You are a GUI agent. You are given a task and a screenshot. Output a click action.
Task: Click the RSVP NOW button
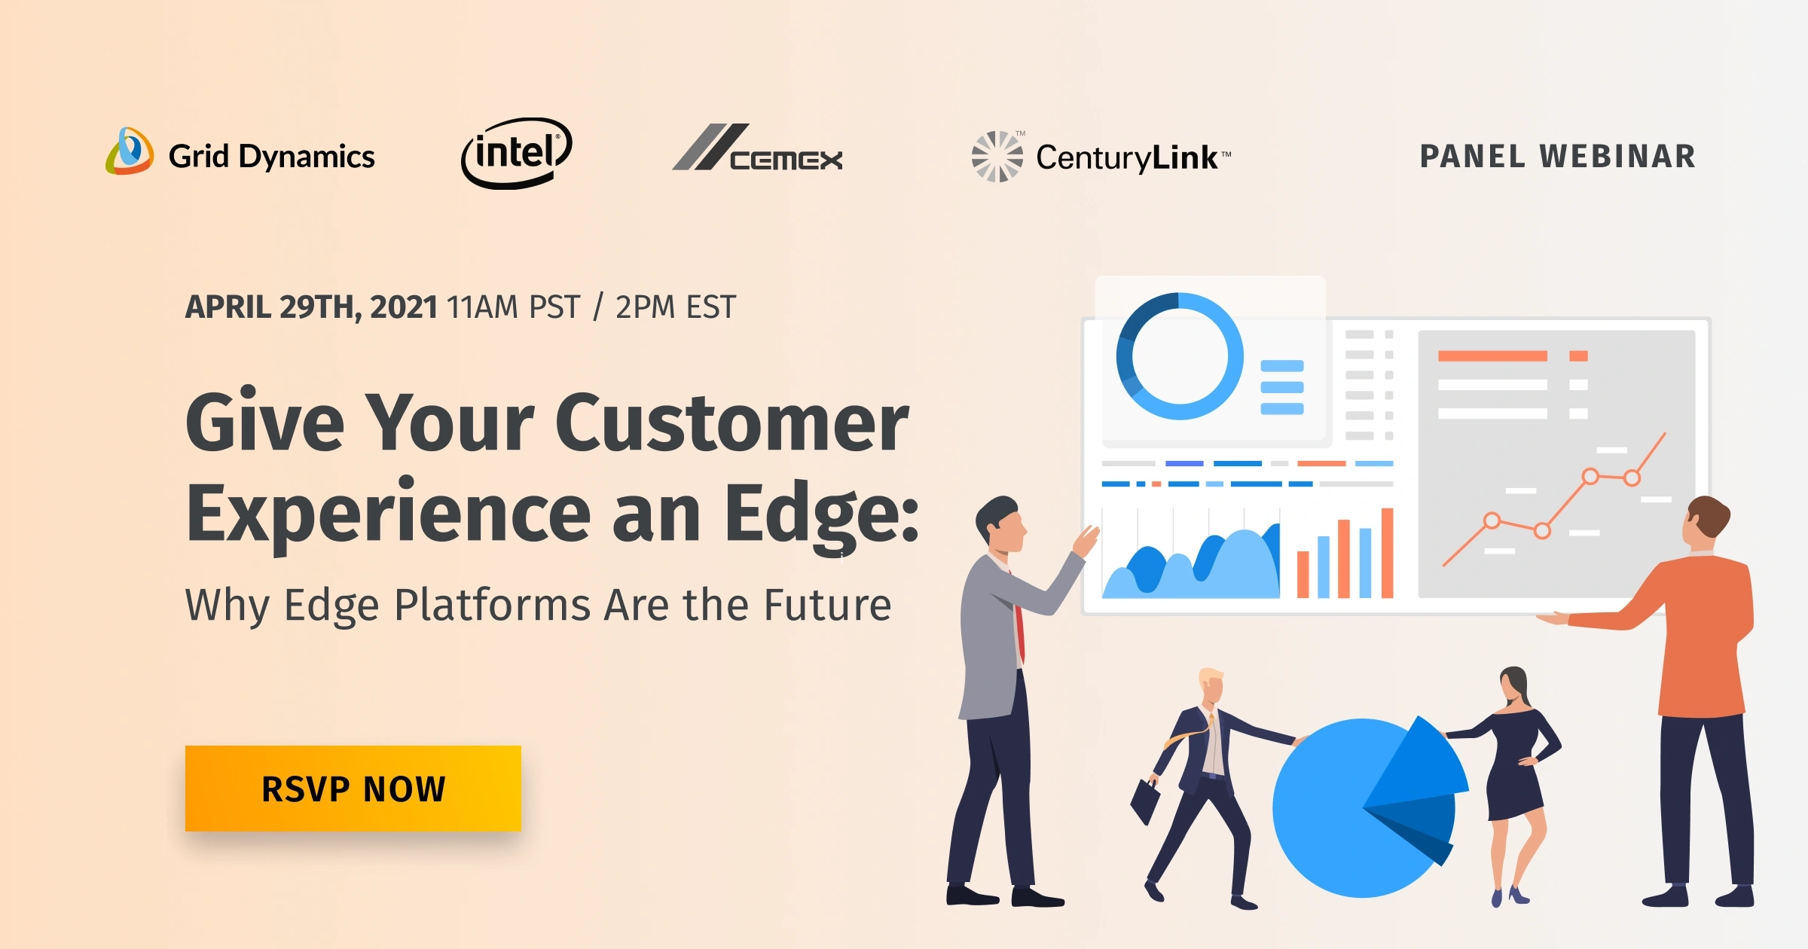click(353, 789)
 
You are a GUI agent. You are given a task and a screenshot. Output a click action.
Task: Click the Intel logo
click(517, 153)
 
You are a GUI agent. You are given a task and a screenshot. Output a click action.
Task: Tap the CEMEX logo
click(758, 149)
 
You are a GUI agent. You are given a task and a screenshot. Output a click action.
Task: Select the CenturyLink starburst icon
click(997, 157)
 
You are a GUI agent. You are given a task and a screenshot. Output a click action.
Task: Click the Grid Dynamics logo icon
click(130, 151)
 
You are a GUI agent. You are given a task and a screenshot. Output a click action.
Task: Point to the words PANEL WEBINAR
click(1557, 157)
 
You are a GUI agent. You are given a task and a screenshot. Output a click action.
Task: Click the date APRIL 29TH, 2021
click(311, 307)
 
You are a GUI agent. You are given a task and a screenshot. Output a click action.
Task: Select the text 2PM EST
click(675, 307)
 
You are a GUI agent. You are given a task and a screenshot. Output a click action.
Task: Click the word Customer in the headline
click(731, 424)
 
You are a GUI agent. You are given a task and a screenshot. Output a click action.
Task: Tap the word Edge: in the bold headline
click(821, 514)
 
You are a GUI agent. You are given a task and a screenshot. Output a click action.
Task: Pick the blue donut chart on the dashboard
click(1180, 356)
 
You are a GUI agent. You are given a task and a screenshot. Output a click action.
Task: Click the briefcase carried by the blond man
click(1146, 801)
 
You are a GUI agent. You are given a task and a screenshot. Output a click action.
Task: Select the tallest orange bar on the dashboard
click(1387, 554)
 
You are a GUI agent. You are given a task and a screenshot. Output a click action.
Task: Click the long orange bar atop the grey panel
click(1492, 356)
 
